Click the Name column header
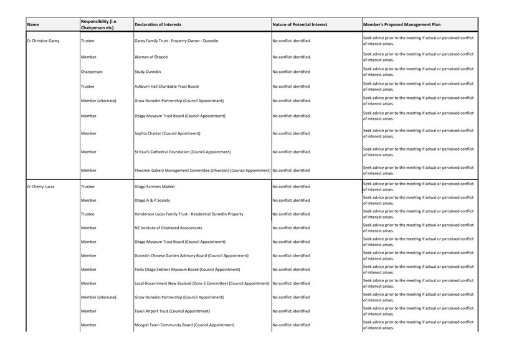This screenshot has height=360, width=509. (x=33, y=25)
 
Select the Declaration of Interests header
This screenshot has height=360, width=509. (x=158, y=25)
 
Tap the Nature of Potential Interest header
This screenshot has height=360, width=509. (x=300, y=25)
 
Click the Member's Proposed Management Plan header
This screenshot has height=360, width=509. (x=401, y=25)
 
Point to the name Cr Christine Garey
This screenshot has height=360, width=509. (x=43, y=41)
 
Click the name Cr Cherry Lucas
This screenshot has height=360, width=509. (x=40, y=187)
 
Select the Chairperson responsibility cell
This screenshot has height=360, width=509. (x=92, y=72)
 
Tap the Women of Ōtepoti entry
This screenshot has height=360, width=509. (x=151, y=57)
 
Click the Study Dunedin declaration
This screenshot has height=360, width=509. (x=148, y=72)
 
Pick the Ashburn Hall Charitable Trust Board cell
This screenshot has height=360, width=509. (x=166, y=87)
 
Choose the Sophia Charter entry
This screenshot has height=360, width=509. (x=168, y=133)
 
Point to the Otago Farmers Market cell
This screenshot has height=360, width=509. (x=155, y=187)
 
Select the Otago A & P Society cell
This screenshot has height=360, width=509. (x=152, y=201)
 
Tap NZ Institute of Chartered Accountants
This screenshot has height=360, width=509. (x=168, y=228)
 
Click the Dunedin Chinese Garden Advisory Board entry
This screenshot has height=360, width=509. (x=191, y=255)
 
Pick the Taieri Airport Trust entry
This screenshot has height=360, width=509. (x=172, y=311)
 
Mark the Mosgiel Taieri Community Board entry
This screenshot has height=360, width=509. (x=184, y=325)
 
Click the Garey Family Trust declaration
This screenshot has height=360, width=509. (x=176, y=41)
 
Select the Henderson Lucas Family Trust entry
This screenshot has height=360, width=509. (x=189, y=214)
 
